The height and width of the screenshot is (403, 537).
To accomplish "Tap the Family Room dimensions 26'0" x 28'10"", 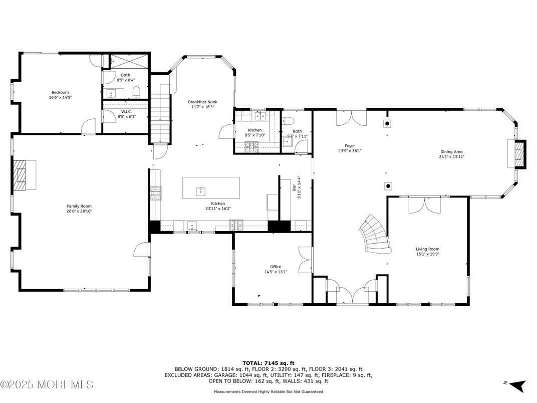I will click(79, 212).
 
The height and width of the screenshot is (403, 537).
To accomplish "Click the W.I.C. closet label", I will click(126, 111).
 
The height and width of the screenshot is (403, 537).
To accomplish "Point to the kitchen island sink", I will click(200, 190).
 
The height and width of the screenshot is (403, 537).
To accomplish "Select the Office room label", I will click(276, 267).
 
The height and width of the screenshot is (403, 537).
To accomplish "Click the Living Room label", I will click(427, 249).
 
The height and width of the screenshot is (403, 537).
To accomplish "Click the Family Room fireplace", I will click(24, 175).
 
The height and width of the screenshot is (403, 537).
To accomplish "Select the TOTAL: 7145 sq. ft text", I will click(268, 362).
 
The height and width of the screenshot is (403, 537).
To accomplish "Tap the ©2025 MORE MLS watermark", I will click(47, 385).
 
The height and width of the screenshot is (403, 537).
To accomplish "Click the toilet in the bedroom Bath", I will click(136, 91).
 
